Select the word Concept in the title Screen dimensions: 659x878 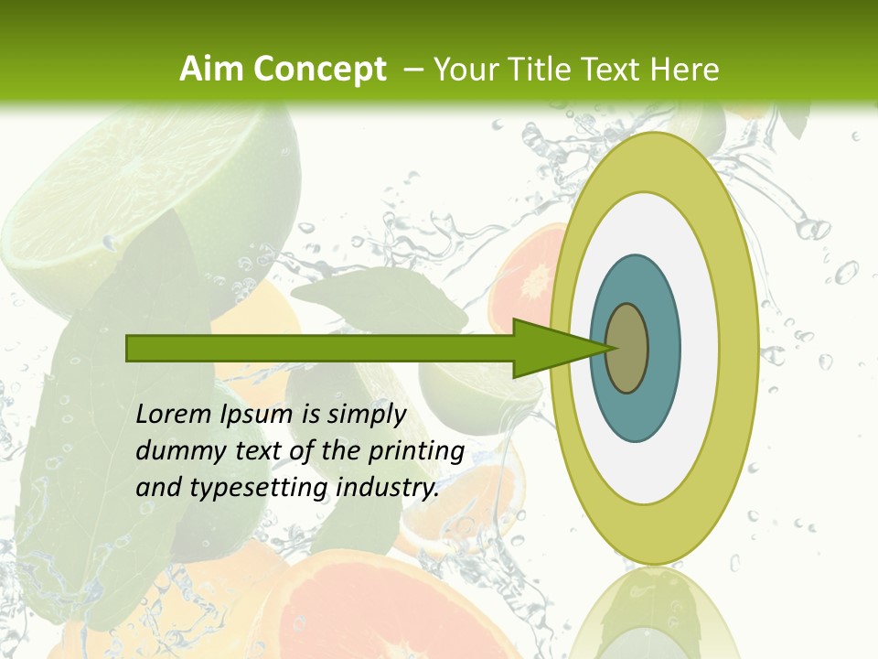tap(320, 70)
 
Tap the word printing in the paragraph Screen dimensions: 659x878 tap(415, 451)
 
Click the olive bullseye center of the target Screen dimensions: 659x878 tap(627, 349)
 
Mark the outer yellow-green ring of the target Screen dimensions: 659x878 tap(738, 349)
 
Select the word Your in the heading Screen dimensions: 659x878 tap(463, 70)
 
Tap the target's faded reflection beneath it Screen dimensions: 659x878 tap(653, 613)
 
